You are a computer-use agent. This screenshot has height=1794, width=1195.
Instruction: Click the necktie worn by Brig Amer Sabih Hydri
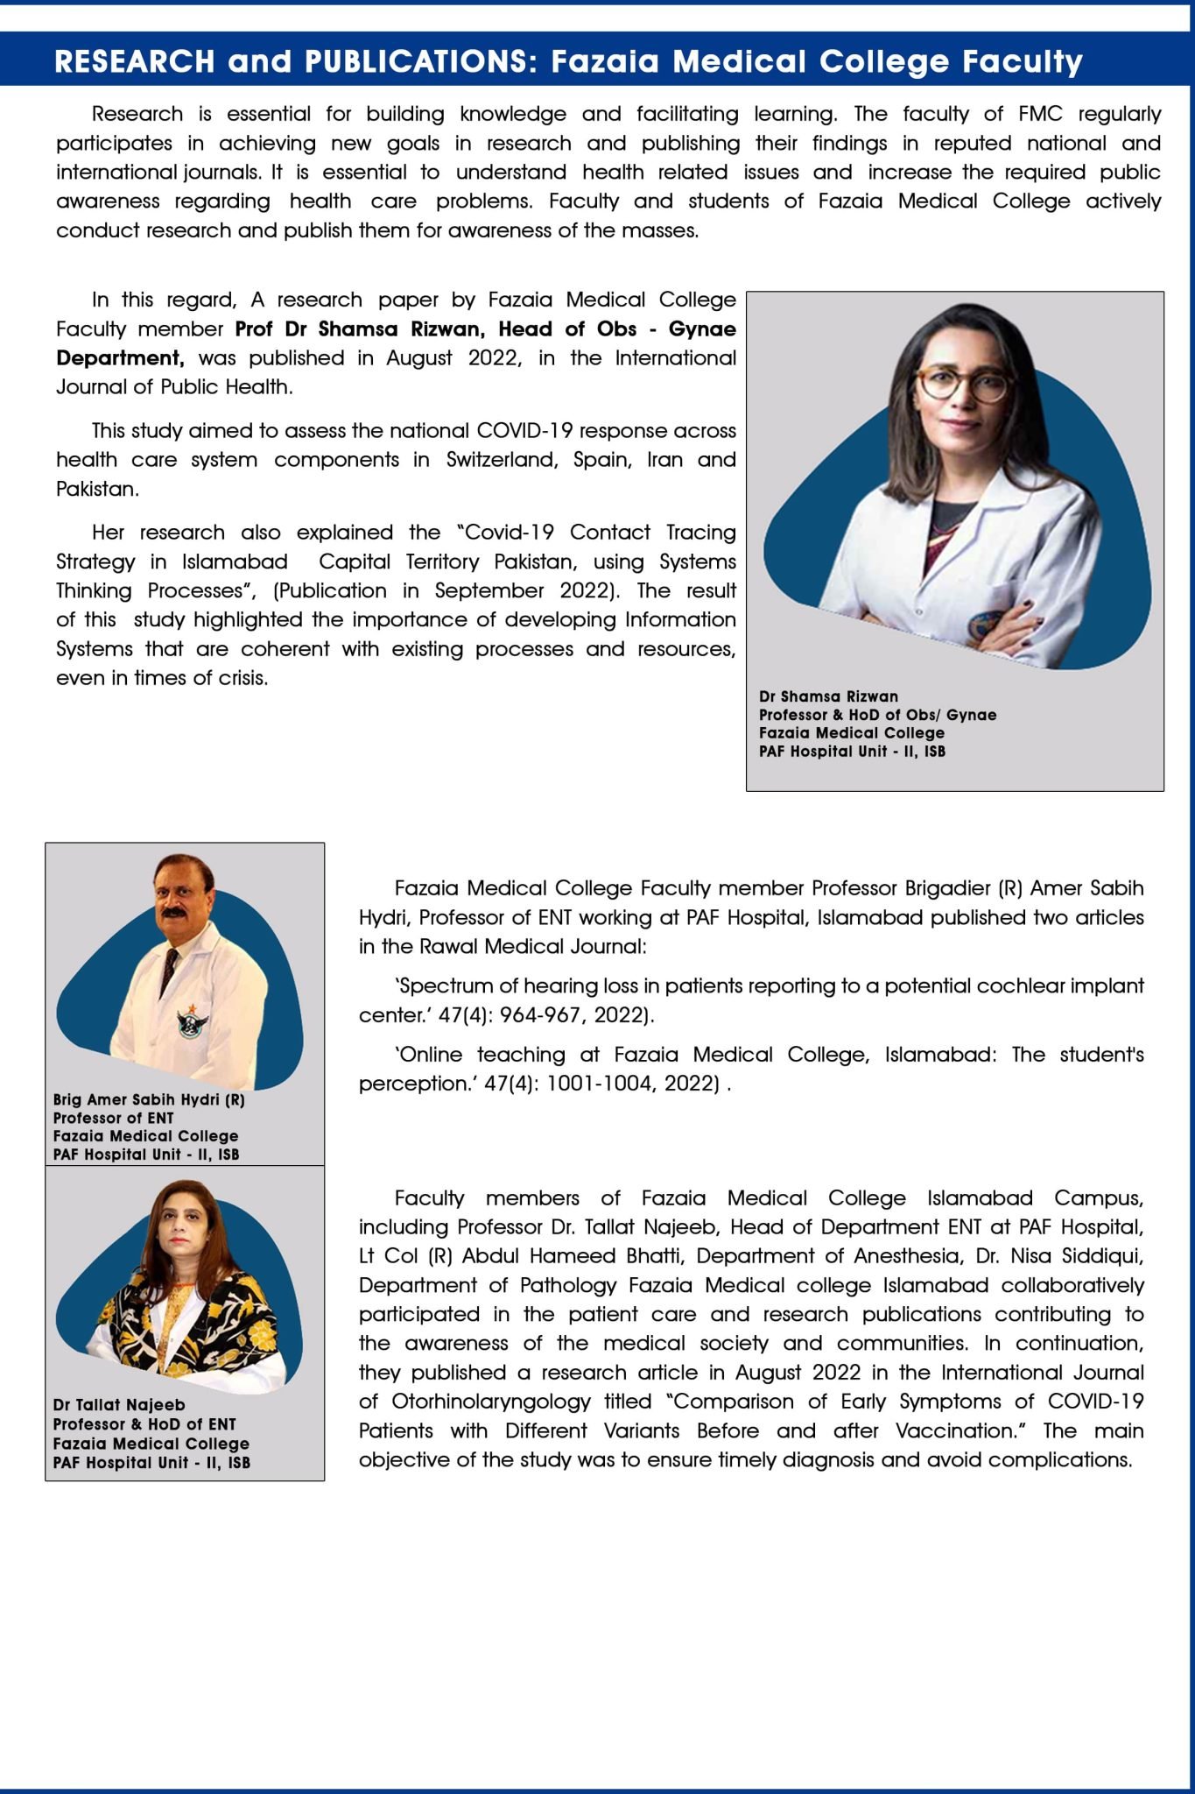tap(168, 969)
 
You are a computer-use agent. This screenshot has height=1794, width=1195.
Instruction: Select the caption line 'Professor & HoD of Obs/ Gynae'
tap(877, 715)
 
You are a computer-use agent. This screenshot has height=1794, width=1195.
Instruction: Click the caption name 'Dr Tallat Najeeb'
tap(118, 1405)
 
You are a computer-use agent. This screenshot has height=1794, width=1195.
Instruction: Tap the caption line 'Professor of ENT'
tap(113, 1118)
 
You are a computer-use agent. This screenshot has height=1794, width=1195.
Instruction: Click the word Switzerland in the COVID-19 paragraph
tap(502, 460)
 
